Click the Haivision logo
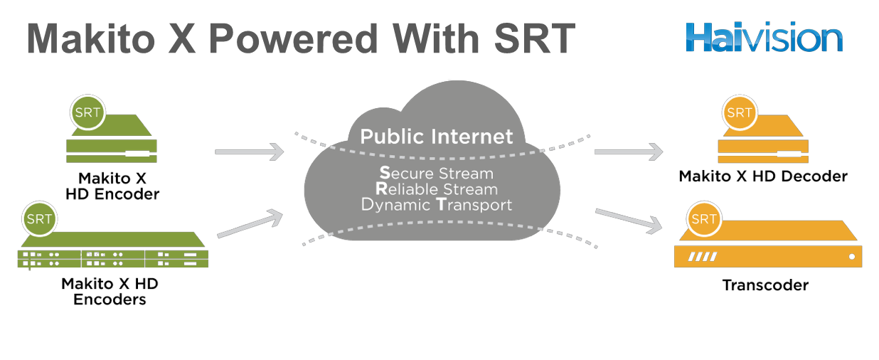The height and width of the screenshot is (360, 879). (764, 36)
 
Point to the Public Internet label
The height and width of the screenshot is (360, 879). (436, 137)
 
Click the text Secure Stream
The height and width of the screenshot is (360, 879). (436, 174)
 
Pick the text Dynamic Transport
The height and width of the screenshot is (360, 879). (436, 205)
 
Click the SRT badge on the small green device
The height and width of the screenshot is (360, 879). (87, 112)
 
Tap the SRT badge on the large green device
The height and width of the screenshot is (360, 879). (39, 219)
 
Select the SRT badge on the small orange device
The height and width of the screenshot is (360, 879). (739, 112)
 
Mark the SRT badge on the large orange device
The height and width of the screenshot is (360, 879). (703, 219)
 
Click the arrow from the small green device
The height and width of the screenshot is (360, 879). (249, 152)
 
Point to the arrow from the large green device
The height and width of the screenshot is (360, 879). (249, 223)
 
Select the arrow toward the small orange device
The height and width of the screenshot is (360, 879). (628, 152)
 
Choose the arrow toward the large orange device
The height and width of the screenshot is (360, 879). (628, 220)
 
